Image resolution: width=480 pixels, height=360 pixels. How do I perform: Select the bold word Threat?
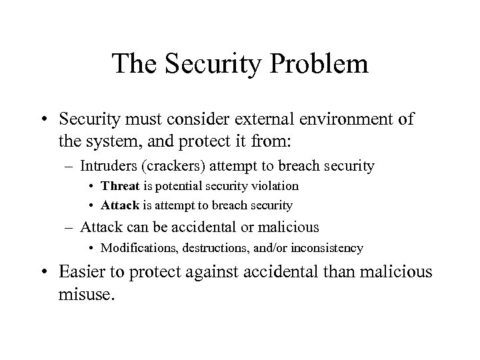(121, 185)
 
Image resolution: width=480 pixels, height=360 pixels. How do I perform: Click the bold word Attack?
(120, 205)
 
